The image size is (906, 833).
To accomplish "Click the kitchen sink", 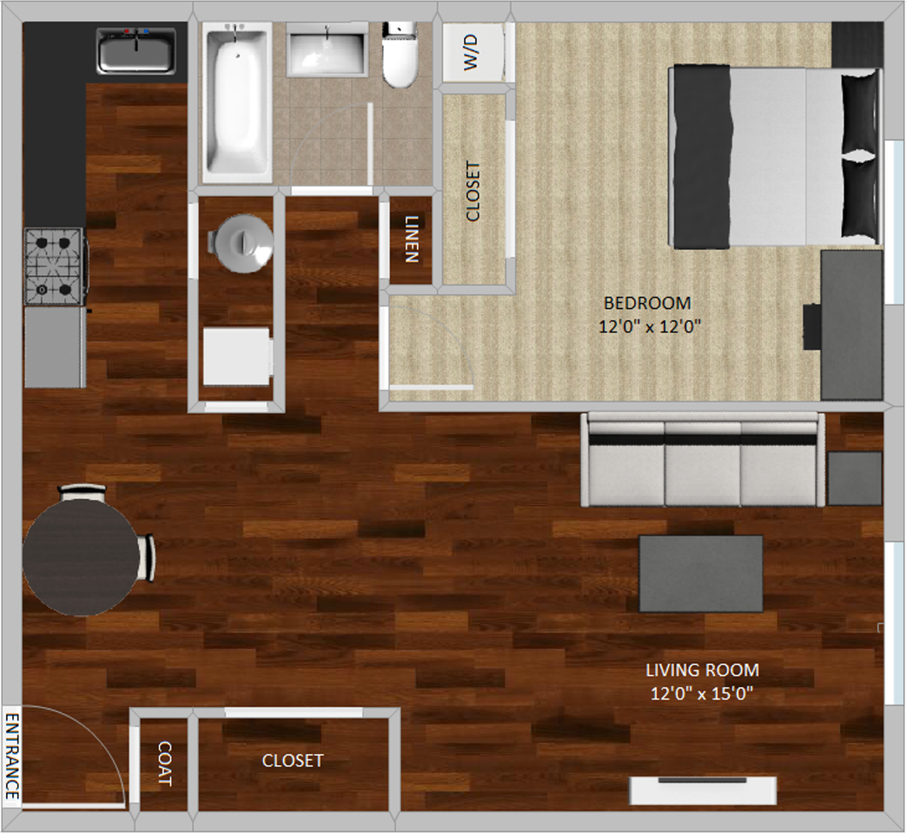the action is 136,51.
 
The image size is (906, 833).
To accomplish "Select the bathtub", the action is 236,102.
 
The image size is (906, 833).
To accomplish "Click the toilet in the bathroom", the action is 400,55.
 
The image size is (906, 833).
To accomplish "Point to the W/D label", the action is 471,52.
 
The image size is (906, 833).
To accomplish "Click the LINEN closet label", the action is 412,239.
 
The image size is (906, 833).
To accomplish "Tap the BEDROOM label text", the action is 647,303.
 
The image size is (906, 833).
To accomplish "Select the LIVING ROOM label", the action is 702,670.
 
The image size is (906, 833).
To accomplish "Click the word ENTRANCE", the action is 12,757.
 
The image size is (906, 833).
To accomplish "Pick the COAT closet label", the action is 165,764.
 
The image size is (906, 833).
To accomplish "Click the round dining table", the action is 81,557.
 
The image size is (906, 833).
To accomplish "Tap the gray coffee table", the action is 700,574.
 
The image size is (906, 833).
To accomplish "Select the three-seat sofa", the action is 703,460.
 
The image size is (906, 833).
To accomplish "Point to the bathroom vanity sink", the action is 327,50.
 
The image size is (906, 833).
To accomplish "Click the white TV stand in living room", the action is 703,790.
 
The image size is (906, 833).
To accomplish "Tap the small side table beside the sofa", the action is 855,479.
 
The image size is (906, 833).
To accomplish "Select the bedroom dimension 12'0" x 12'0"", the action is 650,327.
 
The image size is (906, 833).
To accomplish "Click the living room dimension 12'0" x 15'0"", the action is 702,693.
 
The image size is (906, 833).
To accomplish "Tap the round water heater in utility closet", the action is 241,243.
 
